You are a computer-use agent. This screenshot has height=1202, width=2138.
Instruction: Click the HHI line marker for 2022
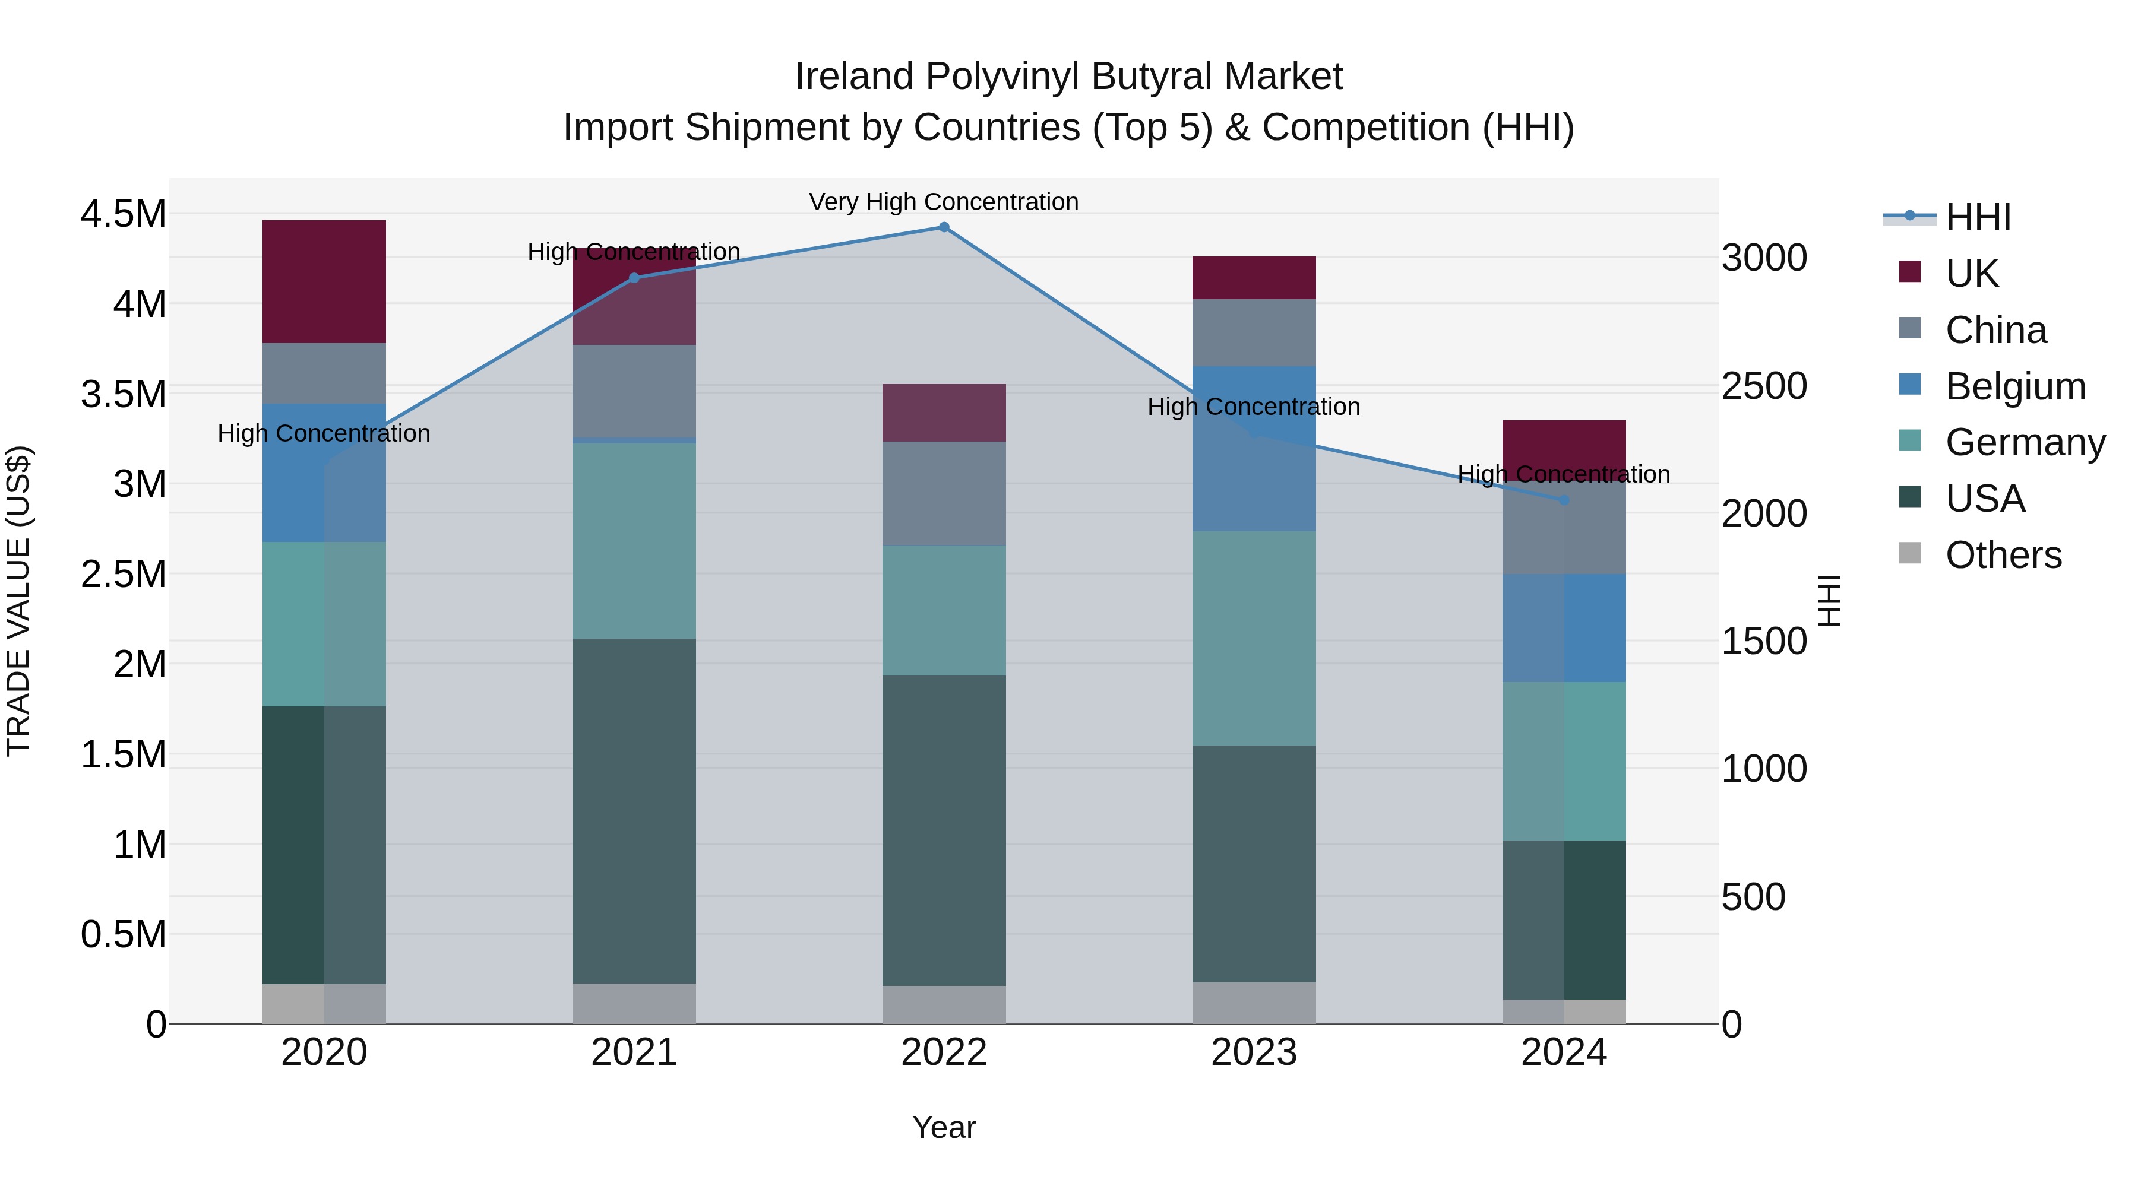[944, 227]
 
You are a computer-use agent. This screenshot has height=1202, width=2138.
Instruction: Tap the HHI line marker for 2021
[634, 278]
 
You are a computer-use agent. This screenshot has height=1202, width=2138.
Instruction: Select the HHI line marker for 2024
[1564, 500]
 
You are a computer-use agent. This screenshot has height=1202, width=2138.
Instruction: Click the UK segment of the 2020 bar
[324, 281]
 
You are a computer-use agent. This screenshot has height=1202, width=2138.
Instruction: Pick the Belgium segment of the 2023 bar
[1254, 448]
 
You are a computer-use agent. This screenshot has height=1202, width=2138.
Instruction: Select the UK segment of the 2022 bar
[944, 413]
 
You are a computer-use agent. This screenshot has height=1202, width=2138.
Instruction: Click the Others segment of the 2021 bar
[634, 1003]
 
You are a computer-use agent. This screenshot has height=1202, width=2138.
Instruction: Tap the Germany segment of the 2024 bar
[1564, 761]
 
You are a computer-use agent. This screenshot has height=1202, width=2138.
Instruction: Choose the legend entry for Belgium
[2015, 386]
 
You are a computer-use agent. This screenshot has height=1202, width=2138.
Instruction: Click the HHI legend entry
[1978, 217]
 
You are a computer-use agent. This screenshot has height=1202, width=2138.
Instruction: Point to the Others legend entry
[2003, 555]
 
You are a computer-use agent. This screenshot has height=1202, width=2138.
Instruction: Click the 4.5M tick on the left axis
[123, 214]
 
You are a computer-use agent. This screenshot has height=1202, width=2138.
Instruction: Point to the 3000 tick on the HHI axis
[1764, 258]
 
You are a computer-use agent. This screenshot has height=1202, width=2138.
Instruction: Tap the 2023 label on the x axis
[1254, 1052]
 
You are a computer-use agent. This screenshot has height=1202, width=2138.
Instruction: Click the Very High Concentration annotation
[944, 202]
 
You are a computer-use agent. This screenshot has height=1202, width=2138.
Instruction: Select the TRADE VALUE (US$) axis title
[18, 601]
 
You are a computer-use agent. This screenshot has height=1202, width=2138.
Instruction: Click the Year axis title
[944, 1127]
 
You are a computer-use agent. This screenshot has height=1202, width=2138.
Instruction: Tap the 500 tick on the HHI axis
[1753, 897]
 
